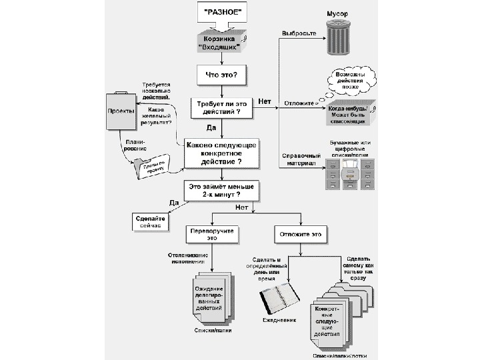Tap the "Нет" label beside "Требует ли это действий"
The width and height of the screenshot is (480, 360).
click(265, 101)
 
